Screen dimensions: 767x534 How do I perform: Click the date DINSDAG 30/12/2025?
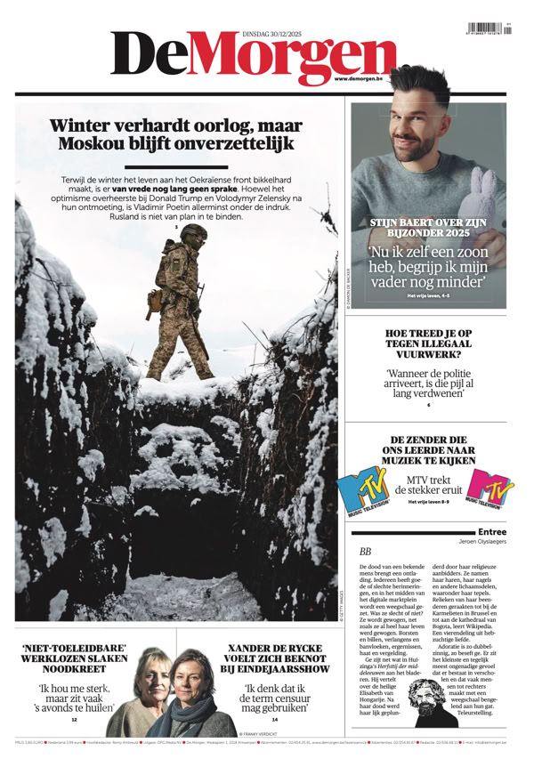click(x=276, y=33)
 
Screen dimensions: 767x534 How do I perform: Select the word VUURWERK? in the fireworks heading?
click(x=430, y=353)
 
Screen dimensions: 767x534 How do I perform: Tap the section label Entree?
click(x=491, y=531)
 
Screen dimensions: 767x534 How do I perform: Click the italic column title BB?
click(x=365, y=553)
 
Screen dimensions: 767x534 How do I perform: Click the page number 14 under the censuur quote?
click(x=275, y=719)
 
